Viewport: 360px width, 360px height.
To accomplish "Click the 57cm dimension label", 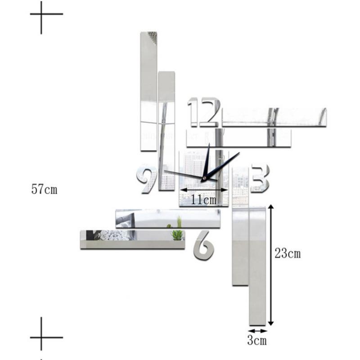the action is pyautogui.click(x=44, y=189).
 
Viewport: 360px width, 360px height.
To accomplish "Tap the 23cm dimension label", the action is pyautogui.click(x=288, y=253).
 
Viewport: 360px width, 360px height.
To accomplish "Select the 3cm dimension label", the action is pyautogui.click(x=257, y=340).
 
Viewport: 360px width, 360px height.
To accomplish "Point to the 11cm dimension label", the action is pyautogui.click(x=203, y=199).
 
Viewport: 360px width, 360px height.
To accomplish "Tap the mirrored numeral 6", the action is pyautogui.click(x=204, y=245).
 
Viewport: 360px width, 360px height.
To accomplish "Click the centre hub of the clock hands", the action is pyautogui.click(x=203, y=178).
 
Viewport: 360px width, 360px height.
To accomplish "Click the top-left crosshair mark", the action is pyautogui.click(x=41, y=14).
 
